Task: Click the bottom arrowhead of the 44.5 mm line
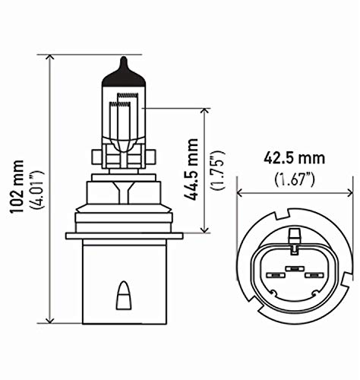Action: pyautogui.click(x=203, y=230)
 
